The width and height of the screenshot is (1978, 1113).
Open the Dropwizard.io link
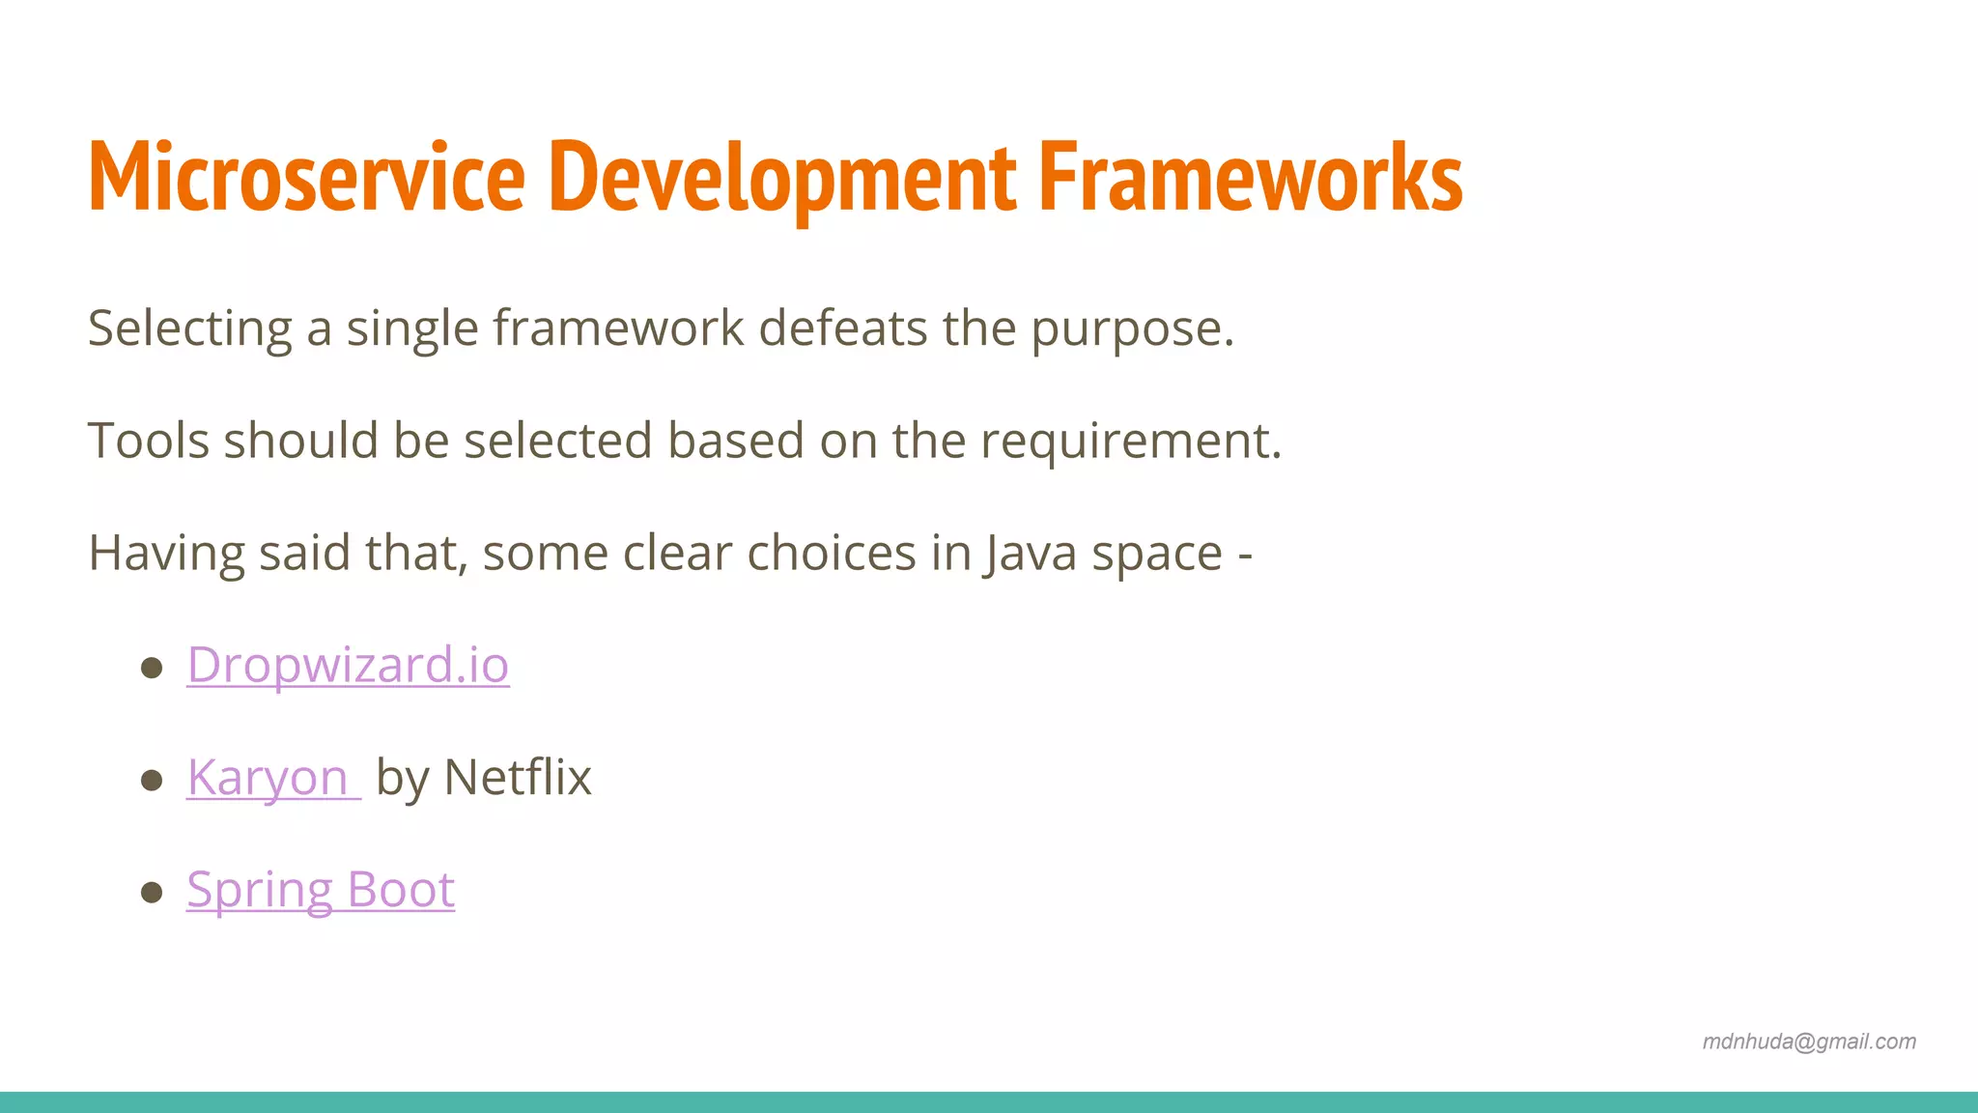(348, 666)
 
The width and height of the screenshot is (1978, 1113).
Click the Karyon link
(268, 778)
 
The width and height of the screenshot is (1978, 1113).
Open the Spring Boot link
(321, 890)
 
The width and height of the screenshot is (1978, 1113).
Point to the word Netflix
(518, 778)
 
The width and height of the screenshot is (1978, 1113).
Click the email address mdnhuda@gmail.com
(1809, 1042)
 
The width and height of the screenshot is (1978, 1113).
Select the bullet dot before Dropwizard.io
(152, 668)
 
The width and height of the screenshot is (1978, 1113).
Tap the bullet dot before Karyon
(152, 780)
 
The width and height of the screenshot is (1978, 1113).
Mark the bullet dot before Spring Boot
(152, 892)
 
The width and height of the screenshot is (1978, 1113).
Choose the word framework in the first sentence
(618, 329)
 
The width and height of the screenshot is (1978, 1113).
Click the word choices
(831, 554)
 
